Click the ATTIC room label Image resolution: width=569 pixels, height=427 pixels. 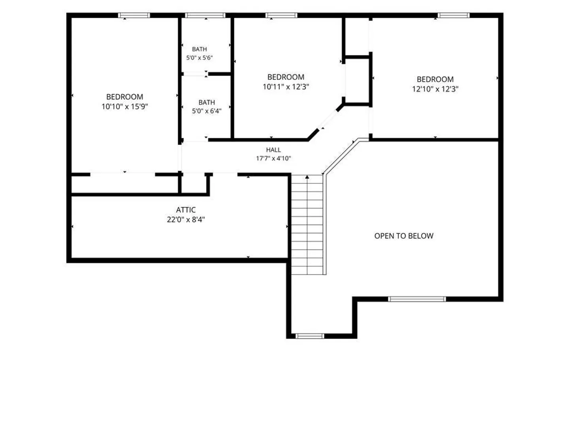tap(186, 210)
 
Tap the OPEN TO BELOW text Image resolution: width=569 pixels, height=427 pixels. tap(403, 236)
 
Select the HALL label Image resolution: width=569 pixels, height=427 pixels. tap(273, 150)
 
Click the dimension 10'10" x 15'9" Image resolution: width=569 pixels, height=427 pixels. tap(125, 107)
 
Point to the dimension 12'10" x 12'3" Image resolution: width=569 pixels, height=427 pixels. tap(435, 89)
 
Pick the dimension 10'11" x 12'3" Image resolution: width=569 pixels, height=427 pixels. tap(286, 87)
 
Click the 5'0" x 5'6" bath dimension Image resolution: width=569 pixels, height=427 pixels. tap(199, 58)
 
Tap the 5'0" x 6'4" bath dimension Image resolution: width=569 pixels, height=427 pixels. tap(207, 111)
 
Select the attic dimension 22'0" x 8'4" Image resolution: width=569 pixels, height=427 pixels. tap(186, 219)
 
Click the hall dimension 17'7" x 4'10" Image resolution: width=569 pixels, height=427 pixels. tap(273, 158)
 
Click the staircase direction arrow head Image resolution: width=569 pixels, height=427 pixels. tap(307, 177)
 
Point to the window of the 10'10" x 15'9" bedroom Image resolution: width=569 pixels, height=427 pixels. tap(134, 15)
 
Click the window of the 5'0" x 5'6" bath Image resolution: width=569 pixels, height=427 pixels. tap(205, 15)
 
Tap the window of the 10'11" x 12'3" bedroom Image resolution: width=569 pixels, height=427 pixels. tap(281, 15)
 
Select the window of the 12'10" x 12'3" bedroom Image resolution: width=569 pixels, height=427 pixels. tap(454, 15)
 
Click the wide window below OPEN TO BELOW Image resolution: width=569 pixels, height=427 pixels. tap(417, 299)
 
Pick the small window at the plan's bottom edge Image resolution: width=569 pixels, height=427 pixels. tap(310, 336)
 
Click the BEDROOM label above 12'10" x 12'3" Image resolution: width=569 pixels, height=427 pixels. tap(435, 79)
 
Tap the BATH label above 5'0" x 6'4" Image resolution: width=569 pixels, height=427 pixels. tap(207, 102)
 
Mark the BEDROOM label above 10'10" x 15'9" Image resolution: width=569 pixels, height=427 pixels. tap(125, 97)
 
